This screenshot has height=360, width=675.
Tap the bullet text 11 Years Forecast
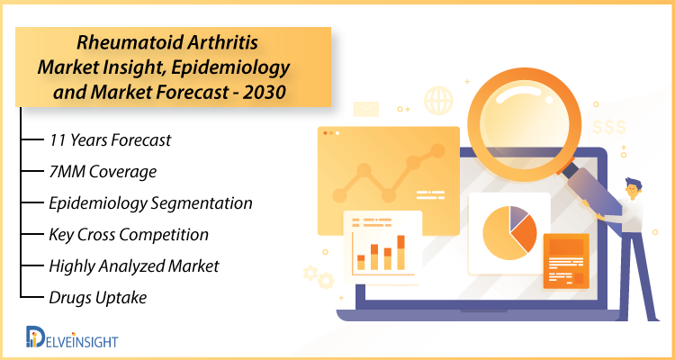pos(110,140)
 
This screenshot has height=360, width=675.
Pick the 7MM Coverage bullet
pos(103,172)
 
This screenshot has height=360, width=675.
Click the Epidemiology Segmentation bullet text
pos(150,203)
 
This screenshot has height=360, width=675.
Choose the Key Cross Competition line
pos(129,235)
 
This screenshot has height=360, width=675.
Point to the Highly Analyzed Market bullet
pos(134,266)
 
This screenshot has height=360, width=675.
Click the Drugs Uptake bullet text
pos(98,298)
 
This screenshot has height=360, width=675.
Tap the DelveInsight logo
pos(71,337)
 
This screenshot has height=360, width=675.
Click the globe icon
pos(438,101)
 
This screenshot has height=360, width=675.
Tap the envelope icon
pos(366,109)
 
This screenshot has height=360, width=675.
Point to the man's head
pos(633,189)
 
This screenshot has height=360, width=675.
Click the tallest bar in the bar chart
pos(400,252)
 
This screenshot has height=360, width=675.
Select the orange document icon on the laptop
pos(566,261)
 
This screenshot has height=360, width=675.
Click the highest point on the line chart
pos(437,150)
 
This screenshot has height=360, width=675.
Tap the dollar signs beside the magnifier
pos(609,127)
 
